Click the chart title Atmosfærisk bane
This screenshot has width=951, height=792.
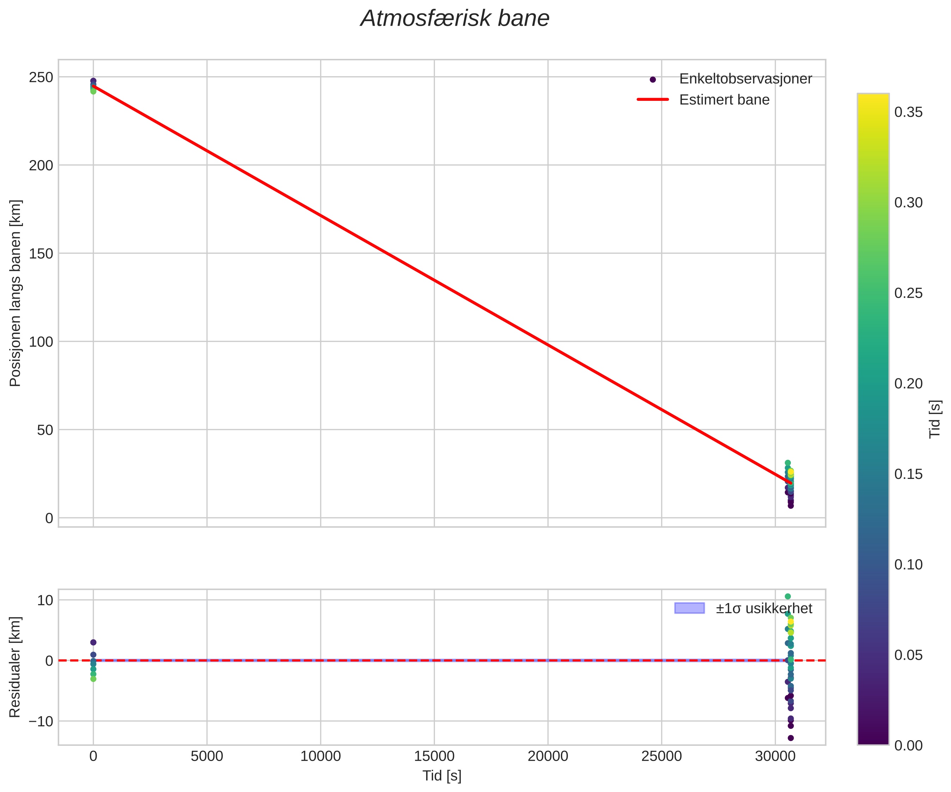coord(455,19)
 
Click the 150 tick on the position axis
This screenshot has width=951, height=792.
coord(41,254)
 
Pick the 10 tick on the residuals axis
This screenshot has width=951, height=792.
coord(45,601)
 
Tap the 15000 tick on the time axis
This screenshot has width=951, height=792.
coord(434,757)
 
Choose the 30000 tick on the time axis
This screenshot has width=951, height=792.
coord(775,757)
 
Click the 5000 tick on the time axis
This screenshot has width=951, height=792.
coord(207,757)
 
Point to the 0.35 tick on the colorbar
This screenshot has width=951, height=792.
coord(908,112)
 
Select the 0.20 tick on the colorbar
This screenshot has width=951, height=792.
coord(908,384)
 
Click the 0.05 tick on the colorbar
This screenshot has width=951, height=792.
coord(908,655)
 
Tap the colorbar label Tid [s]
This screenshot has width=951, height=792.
coord(935,419)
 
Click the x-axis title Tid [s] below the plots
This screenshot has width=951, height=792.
coord(442,776)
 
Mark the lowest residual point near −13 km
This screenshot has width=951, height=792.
coord(791,738)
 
